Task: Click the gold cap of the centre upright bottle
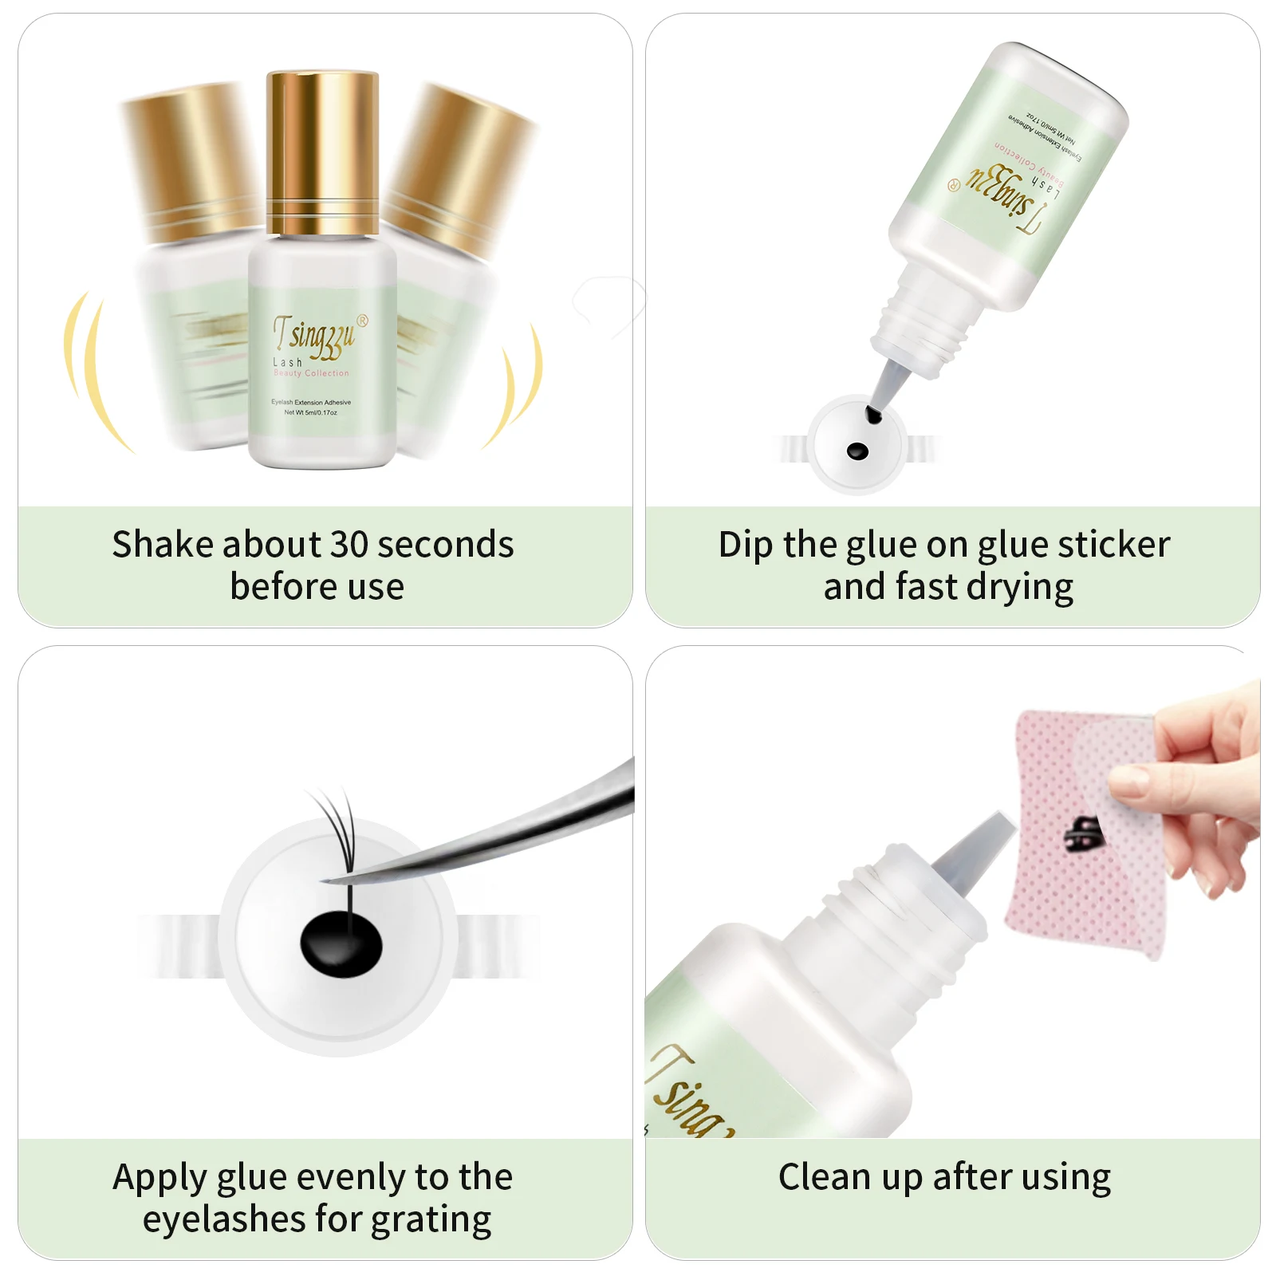321,152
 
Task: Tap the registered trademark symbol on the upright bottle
363,321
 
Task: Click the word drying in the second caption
1021,588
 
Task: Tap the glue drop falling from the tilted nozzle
873,415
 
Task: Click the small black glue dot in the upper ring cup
857,451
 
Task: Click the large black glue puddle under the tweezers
341,944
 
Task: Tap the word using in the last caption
1067,1178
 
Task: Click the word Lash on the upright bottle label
287,362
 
